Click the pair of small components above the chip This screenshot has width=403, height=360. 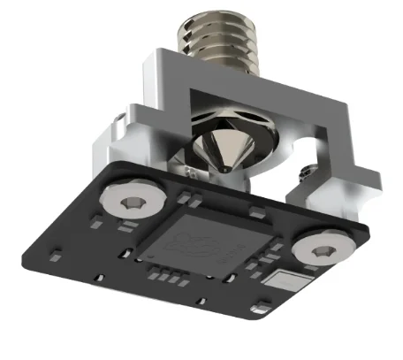[x=250, y=211]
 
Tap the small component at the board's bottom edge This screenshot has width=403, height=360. [x=258, y=309]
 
